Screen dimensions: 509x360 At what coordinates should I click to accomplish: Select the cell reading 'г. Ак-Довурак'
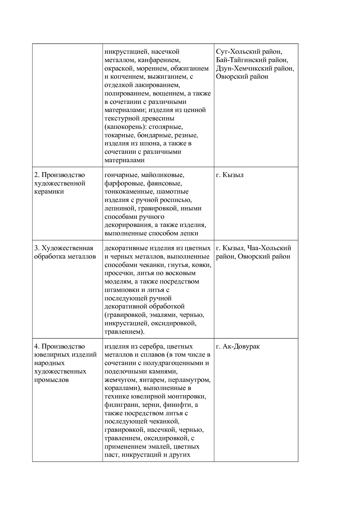(x=238, y=346)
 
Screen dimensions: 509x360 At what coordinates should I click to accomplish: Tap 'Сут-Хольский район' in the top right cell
(x=249, y=52)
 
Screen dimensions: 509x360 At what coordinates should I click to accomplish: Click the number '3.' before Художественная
(x=37, y=248)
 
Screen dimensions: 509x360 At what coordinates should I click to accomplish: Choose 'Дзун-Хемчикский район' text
(x=255, y=68)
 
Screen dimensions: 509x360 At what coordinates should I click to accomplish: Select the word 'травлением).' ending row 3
(x=124, y=332)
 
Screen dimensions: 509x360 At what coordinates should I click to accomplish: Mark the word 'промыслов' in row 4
(x=51, y=380)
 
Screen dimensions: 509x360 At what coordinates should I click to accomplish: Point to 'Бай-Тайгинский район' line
(x=252, y=60)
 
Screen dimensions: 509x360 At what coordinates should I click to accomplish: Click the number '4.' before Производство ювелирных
(x=37, y=346)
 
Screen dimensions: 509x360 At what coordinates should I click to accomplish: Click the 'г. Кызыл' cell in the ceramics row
(x=230, y=175)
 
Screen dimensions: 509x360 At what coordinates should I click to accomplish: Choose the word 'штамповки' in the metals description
(x=120, y=290)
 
